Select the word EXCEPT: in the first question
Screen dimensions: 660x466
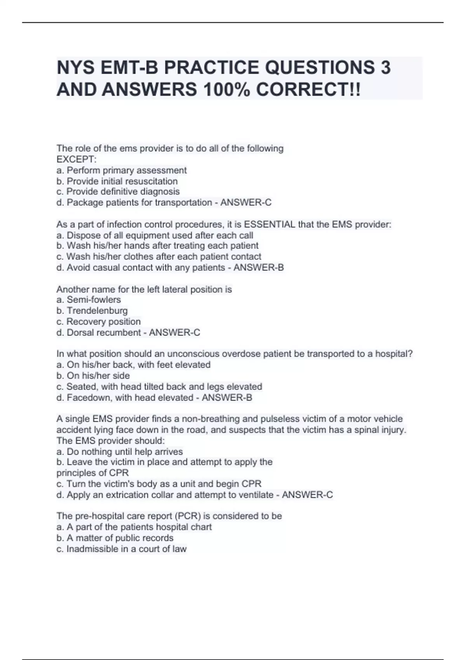click(x=77, y=159)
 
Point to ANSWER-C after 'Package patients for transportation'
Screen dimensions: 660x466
click(x=246, y=202)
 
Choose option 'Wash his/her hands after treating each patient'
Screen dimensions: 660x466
click(x=157, y=246)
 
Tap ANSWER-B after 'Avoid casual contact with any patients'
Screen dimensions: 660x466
click(x=258, y=267)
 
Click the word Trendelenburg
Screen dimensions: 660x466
click(x=97, y=311)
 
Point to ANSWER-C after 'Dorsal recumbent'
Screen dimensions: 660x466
click(x=174, y=332)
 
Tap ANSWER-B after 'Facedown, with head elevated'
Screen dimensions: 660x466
click(x=227, y=398)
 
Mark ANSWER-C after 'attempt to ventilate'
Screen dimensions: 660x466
click(x=307, y=495)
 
